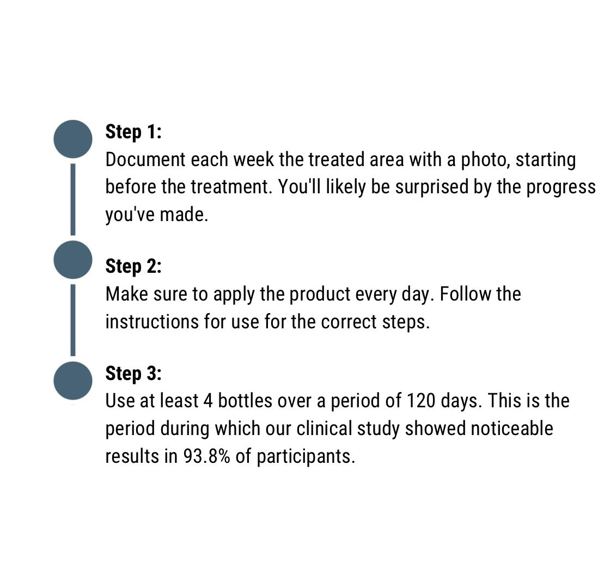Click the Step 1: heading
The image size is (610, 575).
(x=133, y=132)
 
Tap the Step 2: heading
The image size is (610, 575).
(x=133, y=266)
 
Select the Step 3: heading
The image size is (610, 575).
(x=133, y=374)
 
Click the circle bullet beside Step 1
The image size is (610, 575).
(x=73, y=139)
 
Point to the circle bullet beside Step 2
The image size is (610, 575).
(x=73, y=260)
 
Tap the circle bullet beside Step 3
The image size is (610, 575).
(x=73, y=381)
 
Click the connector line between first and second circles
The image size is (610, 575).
(x=73, y=199)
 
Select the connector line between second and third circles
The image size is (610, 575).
(x=73, y=320)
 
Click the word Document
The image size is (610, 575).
(x=145, y=160)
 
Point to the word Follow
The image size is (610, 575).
(x=460, y=294)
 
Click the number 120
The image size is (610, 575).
(x=420, y=401)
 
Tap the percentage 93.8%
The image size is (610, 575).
(x=206, y=456)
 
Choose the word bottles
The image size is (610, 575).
(x=245, y=401)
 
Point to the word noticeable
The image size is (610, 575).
(x=512, y=429)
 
